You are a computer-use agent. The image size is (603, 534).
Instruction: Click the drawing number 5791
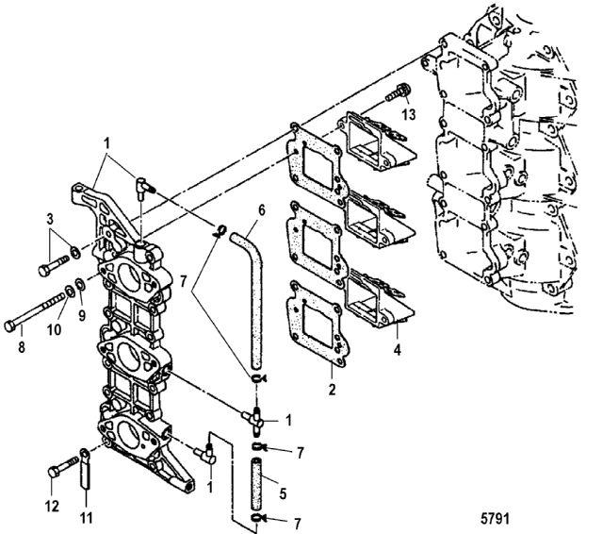coord(495,518)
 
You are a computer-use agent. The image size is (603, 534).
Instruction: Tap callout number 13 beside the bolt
coord(409,114)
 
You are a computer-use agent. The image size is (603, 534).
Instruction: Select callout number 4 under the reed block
coord(398,350)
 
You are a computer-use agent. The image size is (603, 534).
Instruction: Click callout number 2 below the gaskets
coord(332,389)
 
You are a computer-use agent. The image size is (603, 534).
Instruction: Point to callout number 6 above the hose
coord(262,210)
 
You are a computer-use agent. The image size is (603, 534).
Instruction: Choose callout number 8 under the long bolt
coord(22,347)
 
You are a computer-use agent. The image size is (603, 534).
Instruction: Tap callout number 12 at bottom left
coord(53,506)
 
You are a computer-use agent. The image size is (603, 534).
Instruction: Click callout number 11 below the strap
coord(87,518)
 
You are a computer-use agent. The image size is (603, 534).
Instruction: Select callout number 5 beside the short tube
coord(283,493)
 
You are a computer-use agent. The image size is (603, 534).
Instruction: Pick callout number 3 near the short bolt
coord(50,219)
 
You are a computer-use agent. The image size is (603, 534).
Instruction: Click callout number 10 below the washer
coord(55,329)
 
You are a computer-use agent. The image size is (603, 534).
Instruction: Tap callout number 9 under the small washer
coord(82,316)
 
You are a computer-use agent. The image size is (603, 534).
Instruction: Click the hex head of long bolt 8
coord(9,326)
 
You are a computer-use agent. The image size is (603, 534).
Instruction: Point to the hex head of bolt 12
coord(54,472)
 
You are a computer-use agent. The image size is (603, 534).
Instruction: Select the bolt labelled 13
coord(399,92)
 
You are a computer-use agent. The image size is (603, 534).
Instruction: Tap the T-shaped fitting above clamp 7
coord(253,420)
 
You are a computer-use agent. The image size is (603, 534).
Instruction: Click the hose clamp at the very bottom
coord(258,519)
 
